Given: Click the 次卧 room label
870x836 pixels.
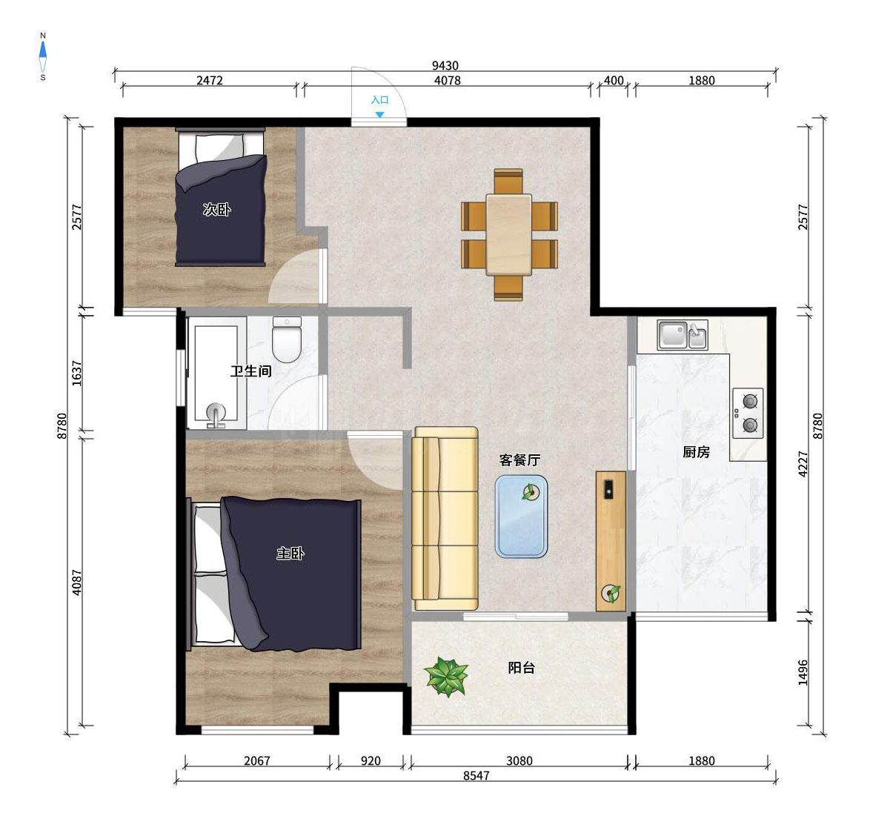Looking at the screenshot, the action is pos(216,210).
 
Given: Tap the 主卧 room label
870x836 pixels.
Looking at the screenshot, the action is pos(290,553).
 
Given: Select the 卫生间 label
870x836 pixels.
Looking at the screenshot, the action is pos(251,371).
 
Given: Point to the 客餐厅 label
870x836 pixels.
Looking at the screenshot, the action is pos(519,460).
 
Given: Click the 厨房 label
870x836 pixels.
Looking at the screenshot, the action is pos(696,452).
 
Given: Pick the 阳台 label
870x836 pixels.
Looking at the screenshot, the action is pos(522,667).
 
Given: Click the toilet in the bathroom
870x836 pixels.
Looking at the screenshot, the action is pos(287,339).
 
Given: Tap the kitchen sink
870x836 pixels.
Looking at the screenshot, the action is pos(683,334).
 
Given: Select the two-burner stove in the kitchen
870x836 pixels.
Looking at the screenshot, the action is pos(748,414).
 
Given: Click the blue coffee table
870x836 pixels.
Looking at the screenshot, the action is pos(521,517).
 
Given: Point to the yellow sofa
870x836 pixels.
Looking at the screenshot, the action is pos(445,519).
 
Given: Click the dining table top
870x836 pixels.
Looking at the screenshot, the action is pos(509,234).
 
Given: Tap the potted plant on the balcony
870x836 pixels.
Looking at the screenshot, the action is pos(446,676).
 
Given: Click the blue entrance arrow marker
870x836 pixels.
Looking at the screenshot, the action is pos(379,114).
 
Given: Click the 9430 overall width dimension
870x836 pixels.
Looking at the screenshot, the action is pos(445,65).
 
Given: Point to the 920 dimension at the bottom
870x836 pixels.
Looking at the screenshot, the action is pos(371,760).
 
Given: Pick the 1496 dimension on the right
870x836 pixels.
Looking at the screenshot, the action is pos(803,672).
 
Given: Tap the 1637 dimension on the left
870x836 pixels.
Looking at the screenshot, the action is pos(77,374).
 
